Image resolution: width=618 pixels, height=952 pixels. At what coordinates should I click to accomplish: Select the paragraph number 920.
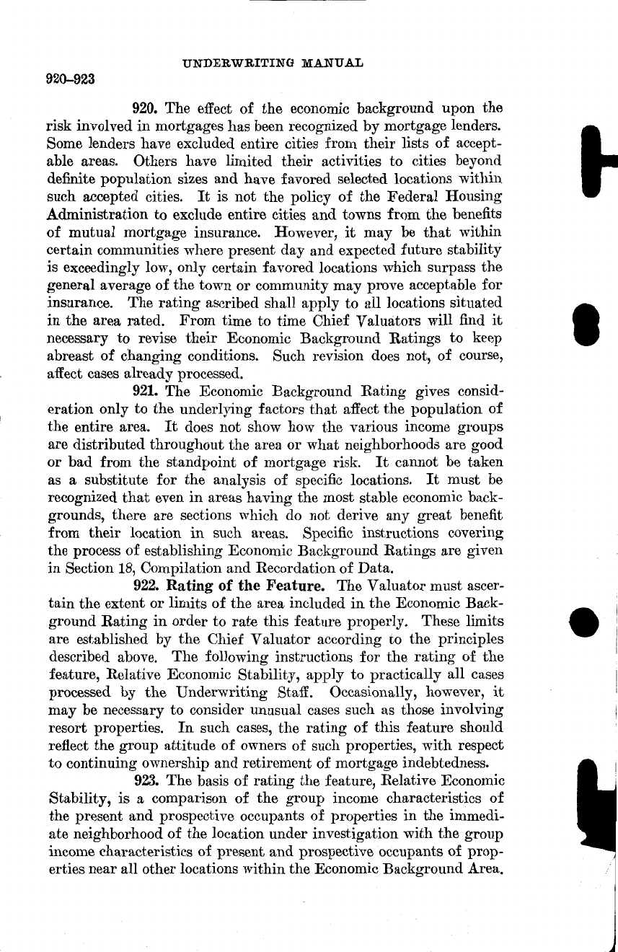click(147, 109)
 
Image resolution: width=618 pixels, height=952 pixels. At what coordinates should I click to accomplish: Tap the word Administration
click(97, 215)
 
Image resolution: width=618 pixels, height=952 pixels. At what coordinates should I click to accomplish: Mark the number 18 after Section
click(115, 568)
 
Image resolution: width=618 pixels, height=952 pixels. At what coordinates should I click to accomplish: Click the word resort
click(65, 727)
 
